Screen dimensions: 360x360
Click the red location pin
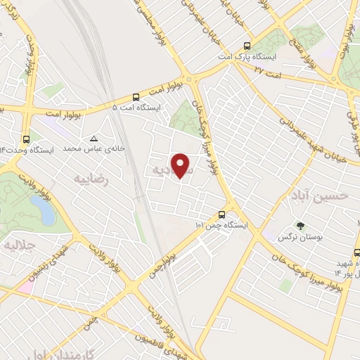point(182,165)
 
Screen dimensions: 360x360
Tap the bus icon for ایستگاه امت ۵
point(136,97)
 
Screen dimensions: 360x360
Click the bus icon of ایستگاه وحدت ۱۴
point(26,139)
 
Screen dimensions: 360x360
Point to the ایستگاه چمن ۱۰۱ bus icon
point(222,214)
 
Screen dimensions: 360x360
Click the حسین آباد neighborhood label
point(318,197)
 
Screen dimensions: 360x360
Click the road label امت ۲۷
point(268,71)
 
